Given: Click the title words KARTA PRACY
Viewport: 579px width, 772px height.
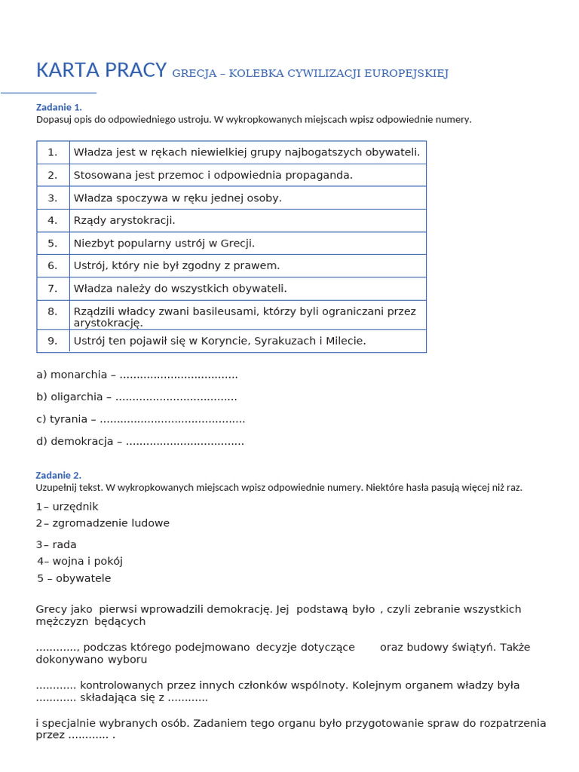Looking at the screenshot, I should pos(101,70).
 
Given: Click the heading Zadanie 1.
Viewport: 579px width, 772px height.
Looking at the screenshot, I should pos(59,107).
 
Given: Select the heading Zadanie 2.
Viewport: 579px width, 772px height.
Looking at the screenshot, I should pos(58,475).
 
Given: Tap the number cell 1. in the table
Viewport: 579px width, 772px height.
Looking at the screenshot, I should pos(53,152).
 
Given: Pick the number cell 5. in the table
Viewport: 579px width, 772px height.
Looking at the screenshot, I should pos(53,243).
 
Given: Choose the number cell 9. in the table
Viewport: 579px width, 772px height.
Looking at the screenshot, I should pos(53,341).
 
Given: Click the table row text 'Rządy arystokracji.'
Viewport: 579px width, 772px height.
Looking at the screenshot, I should pos(124,220).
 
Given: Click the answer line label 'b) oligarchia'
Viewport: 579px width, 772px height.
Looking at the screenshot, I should pos(70,397).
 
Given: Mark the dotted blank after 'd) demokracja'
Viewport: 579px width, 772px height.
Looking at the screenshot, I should pos(185,442).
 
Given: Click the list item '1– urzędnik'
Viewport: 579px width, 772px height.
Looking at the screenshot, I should pos(67,507).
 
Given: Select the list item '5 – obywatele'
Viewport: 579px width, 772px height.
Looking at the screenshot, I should pos(74,578).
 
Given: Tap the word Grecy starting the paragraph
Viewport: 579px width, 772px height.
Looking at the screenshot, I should pos(52,609).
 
